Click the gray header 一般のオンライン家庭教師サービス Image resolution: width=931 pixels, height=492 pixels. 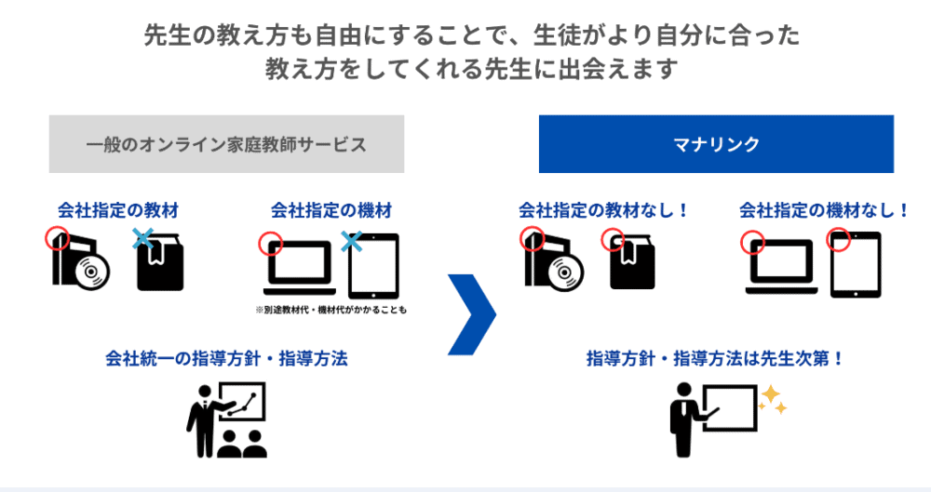[226, 144]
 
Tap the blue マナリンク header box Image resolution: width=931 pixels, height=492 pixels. [716, 144]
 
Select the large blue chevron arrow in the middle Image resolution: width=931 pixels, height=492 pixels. [471, 314]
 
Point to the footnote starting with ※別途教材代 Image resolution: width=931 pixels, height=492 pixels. [331, 309]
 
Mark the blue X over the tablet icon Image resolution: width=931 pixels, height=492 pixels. [351, 242]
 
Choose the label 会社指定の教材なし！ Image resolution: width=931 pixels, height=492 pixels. [605, 210]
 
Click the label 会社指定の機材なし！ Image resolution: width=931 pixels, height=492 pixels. [825, 210]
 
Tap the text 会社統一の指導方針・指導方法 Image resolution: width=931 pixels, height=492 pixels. [226, 358]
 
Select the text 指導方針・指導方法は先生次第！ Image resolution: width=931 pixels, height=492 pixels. [715, 358]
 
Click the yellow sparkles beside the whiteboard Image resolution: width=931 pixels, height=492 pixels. [773, 400]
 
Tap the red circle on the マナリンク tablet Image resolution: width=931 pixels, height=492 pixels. [839, 240]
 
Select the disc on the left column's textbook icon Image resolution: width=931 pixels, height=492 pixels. [91, 272]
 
